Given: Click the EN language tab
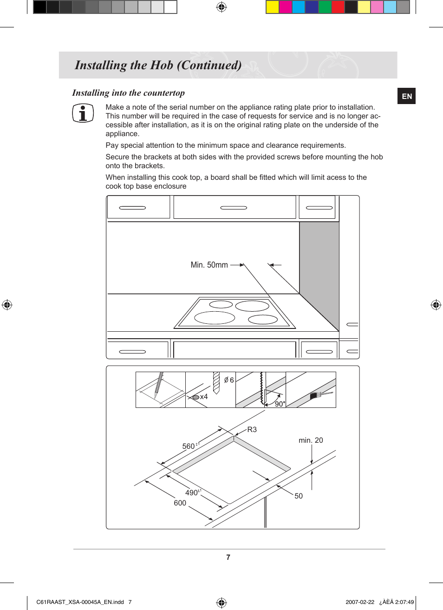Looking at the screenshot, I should click(407, 96).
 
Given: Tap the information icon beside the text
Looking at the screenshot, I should click(83, 113).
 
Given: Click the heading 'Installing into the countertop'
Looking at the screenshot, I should click(129, 93).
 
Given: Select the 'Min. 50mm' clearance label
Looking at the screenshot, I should click(209, 265).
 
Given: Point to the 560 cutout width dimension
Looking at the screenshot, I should click(189, 446).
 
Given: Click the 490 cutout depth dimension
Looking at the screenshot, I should click(191, 492).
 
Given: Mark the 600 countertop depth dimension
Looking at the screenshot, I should click(180, 503).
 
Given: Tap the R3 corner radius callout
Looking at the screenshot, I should click(252, 429).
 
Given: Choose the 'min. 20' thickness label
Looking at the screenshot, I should click(311, 440).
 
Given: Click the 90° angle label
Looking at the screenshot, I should click(280, 404).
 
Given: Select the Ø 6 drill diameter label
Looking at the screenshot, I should click(229, 380).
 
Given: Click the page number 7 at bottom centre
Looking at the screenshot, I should click(228, 557).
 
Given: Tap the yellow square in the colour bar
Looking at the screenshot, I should click(272, 7).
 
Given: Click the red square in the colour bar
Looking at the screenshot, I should click(338, 7).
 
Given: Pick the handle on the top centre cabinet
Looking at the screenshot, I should click(234, 208).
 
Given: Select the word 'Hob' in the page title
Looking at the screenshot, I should click(162, 65).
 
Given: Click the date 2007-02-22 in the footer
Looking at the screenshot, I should click(359, 602).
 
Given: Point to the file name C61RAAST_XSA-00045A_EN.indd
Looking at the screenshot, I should click(80, 602).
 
